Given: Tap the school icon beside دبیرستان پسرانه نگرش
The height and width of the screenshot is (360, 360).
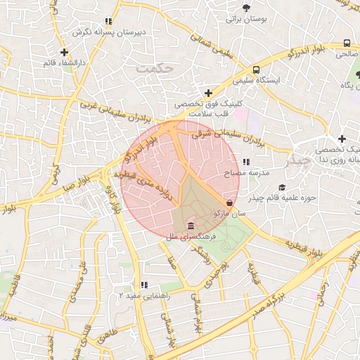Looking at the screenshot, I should point(108,22).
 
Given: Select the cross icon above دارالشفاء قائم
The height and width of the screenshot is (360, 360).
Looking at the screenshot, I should point(64,52).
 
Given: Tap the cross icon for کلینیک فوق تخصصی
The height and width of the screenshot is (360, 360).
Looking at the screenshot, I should point(208,93).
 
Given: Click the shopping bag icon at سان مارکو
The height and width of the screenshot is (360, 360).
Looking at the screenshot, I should point(231,201).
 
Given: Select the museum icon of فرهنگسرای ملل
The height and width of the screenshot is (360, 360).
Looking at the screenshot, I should point(191,226).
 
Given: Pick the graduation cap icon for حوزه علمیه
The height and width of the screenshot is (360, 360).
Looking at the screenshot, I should point(282,187).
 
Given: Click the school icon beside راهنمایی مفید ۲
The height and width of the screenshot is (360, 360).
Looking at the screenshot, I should point(144,285).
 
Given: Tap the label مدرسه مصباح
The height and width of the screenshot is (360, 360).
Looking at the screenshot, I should point(247,172).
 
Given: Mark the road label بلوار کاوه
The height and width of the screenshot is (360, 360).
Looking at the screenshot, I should point(114,200).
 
